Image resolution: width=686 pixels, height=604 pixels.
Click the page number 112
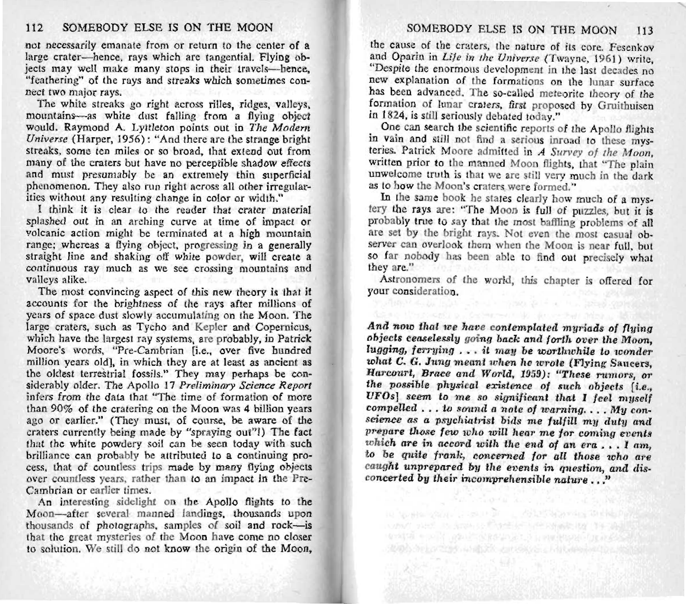(34, 29)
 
